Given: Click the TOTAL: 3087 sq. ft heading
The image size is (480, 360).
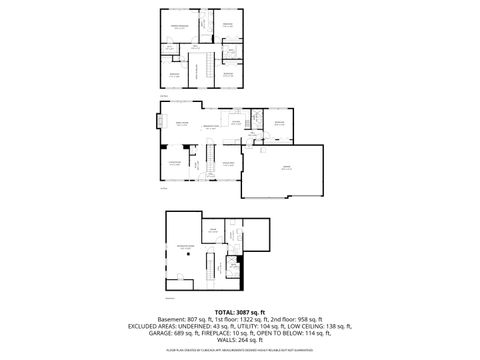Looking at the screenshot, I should click(x=240, y=313).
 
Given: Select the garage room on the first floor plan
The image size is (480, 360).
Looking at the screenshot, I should click(x=287, y=169).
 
